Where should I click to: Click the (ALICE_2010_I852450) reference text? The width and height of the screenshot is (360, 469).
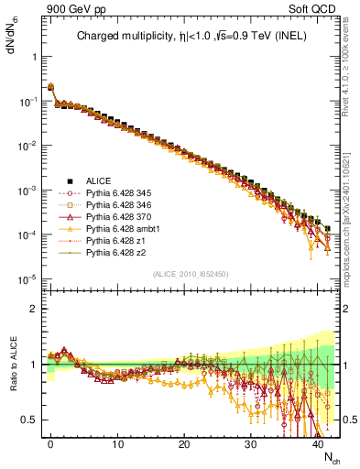[x=189, y=274]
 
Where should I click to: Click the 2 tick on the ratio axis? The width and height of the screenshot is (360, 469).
[x=32, y=309]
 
